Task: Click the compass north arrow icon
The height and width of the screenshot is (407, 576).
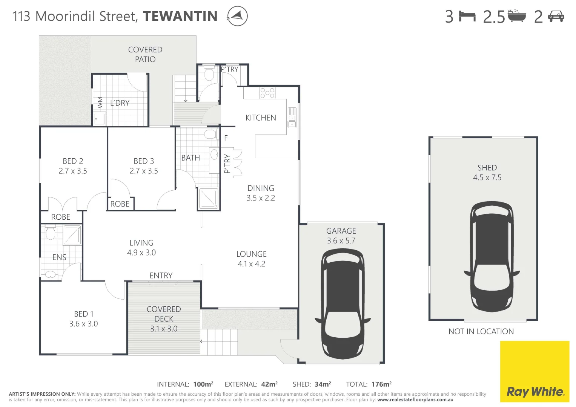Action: click(237, 16)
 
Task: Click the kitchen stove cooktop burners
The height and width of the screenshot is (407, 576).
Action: click(267, 93)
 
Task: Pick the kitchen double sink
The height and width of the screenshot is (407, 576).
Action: click(292, 117)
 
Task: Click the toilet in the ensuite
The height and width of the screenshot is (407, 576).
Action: click(50, 233)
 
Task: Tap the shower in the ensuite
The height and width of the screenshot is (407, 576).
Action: click(72, 235)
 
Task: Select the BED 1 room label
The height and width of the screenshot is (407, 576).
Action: click(84, 314)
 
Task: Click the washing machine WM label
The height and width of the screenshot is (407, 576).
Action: click(100, 103)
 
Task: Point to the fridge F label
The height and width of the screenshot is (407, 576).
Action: click(226, 138)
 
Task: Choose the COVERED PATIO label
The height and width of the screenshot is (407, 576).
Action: click(145, 55)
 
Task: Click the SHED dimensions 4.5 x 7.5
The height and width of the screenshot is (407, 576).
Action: click(487, 177)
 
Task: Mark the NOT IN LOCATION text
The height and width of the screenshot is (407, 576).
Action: click(481, 332)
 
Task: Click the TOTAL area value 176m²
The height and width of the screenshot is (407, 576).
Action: click(381, 384)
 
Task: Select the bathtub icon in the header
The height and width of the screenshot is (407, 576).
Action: click(516, 16)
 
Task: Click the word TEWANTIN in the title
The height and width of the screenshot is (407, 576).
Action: click(180, 16)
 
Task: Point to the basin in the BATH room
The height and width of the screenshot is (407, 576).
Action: click(214, 154)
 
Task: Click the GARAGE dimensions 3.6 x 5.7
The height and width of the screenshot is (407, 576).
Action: click(341, 241)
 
